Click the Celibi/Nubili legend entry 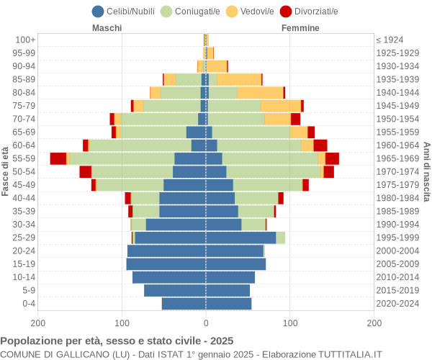coord(126,11)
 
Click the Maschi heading coord(107,28)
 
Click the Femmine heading coord(301,28)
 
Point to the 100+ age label coord(26,40)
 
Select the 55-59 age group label coord(24,158)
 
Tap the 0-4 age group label coord(29,304)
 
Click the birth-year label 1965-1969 coord(397,158)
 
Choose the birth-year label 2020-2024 coord(397,304)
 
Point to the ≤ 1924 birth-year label coord(390,40)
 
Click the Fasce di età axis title coord(6,171)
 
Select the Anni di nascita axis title coord(426,171)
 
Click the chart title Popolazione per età coord(117,341)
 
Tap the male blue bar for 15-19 coord(166,264)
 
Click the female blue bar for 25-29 coord(240,238)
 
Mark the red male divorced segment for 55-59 coord(58,158)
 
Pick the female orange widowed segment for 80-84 coord(260,93)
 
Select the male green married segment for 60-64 coord(140,145)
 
